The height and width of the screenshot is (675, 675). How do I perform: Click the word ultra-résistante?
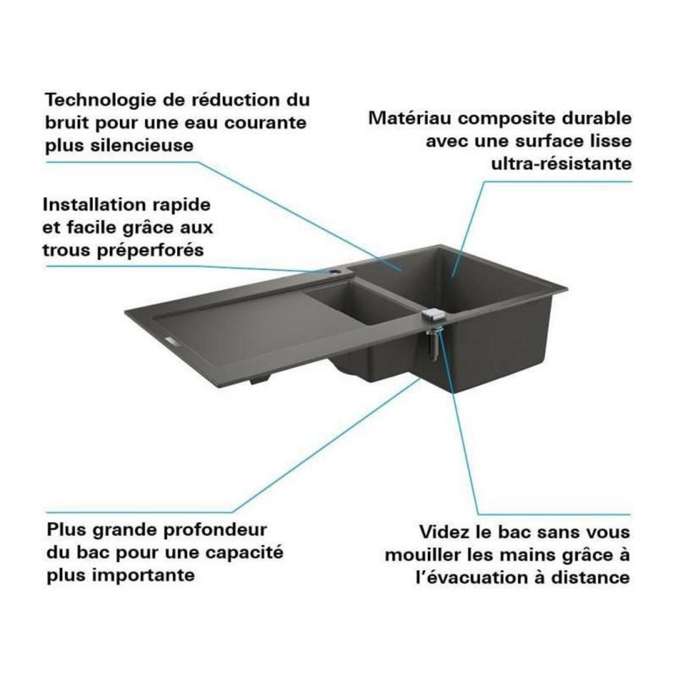click(561, 164)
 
